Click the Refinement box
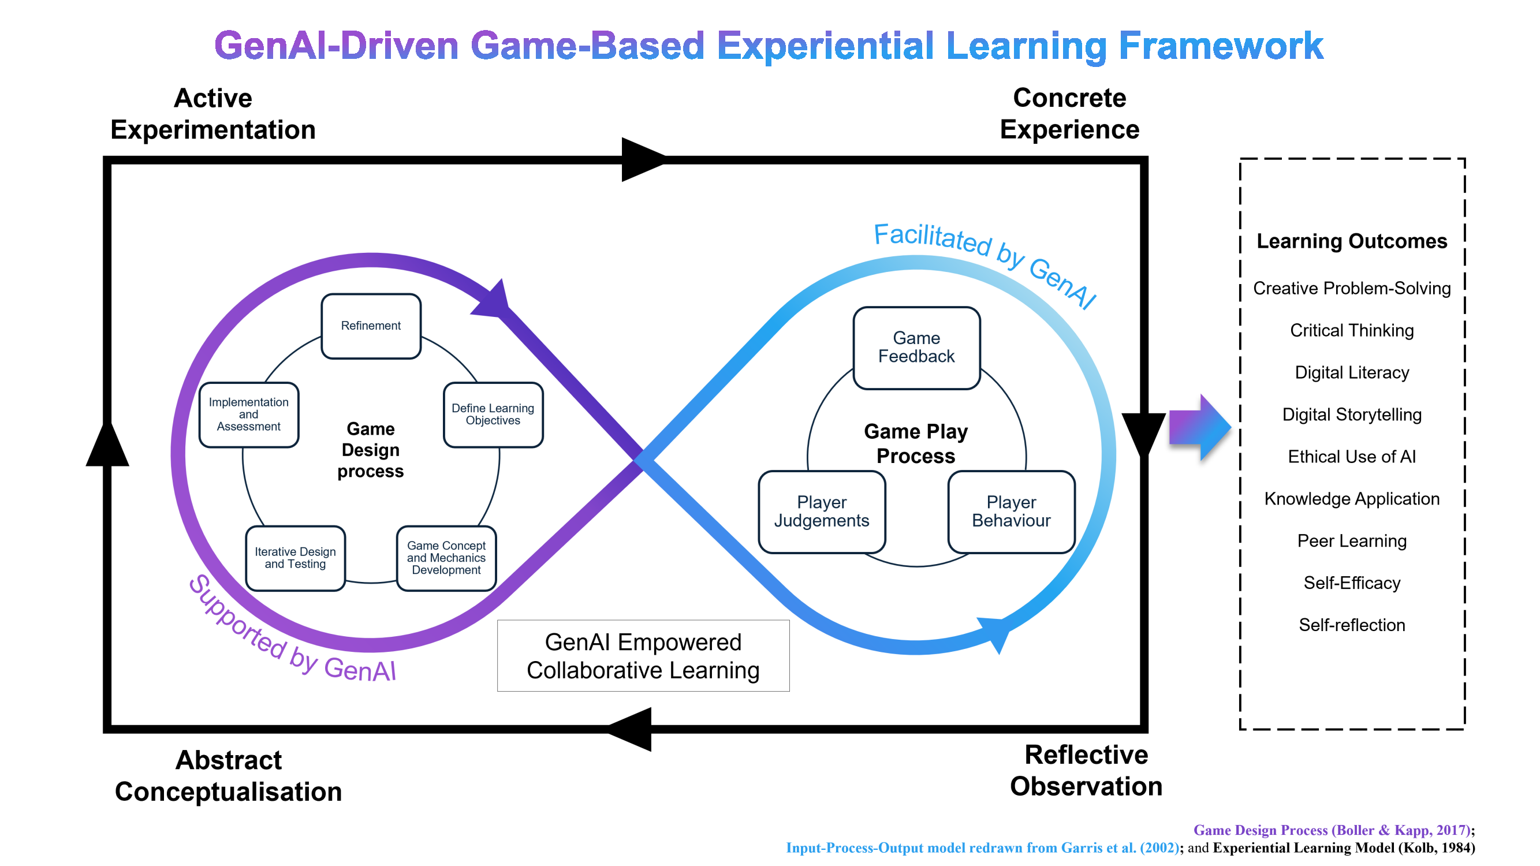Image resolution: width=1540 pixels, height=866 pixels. (371, 326)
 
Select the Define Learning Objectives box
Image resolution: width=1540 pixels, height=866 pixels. (493, 414)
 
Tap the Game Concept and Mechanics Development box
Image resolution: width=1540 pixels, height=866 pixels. (446, 558)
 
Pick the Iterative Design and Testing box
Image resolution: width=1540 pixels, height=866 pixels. (295, 558)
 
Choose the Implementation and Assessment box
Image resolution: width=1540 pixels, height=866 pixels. (249, 414)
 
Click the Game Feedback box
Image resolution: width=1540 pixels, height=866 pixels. (916, 348)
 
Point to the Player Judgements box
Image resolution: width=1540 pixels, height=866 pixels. (822, 512)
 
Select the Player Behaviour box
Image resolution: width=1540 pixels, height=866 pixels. (1011, 512)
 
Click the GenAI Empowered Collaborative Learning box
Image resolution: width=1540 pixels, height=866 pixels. (643, 656)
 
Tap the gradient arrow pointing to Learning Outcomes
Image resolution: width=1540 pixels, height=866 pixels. (1199, 427)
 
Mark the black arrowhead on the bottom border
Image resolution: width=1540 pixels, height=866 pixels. (630, 729)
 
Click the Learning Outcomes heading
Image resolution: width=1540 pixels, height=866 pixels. (1351, 241)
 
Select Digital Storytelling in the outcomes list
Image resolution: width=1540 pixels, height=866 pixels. (1351, 414)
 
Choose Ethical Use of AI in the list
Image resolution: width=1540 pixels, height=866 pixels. (1351, 457)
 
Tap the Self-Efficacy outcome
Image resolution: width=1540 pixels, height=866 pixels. (1351, 583)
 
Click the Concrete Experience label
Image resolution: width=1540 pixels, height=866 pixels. (1069, 114)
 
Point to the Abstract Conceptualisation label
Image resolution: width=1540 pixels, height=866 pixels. (228, 776)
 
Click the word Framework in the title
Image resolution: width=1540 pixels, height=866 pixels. (1221, 46)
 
